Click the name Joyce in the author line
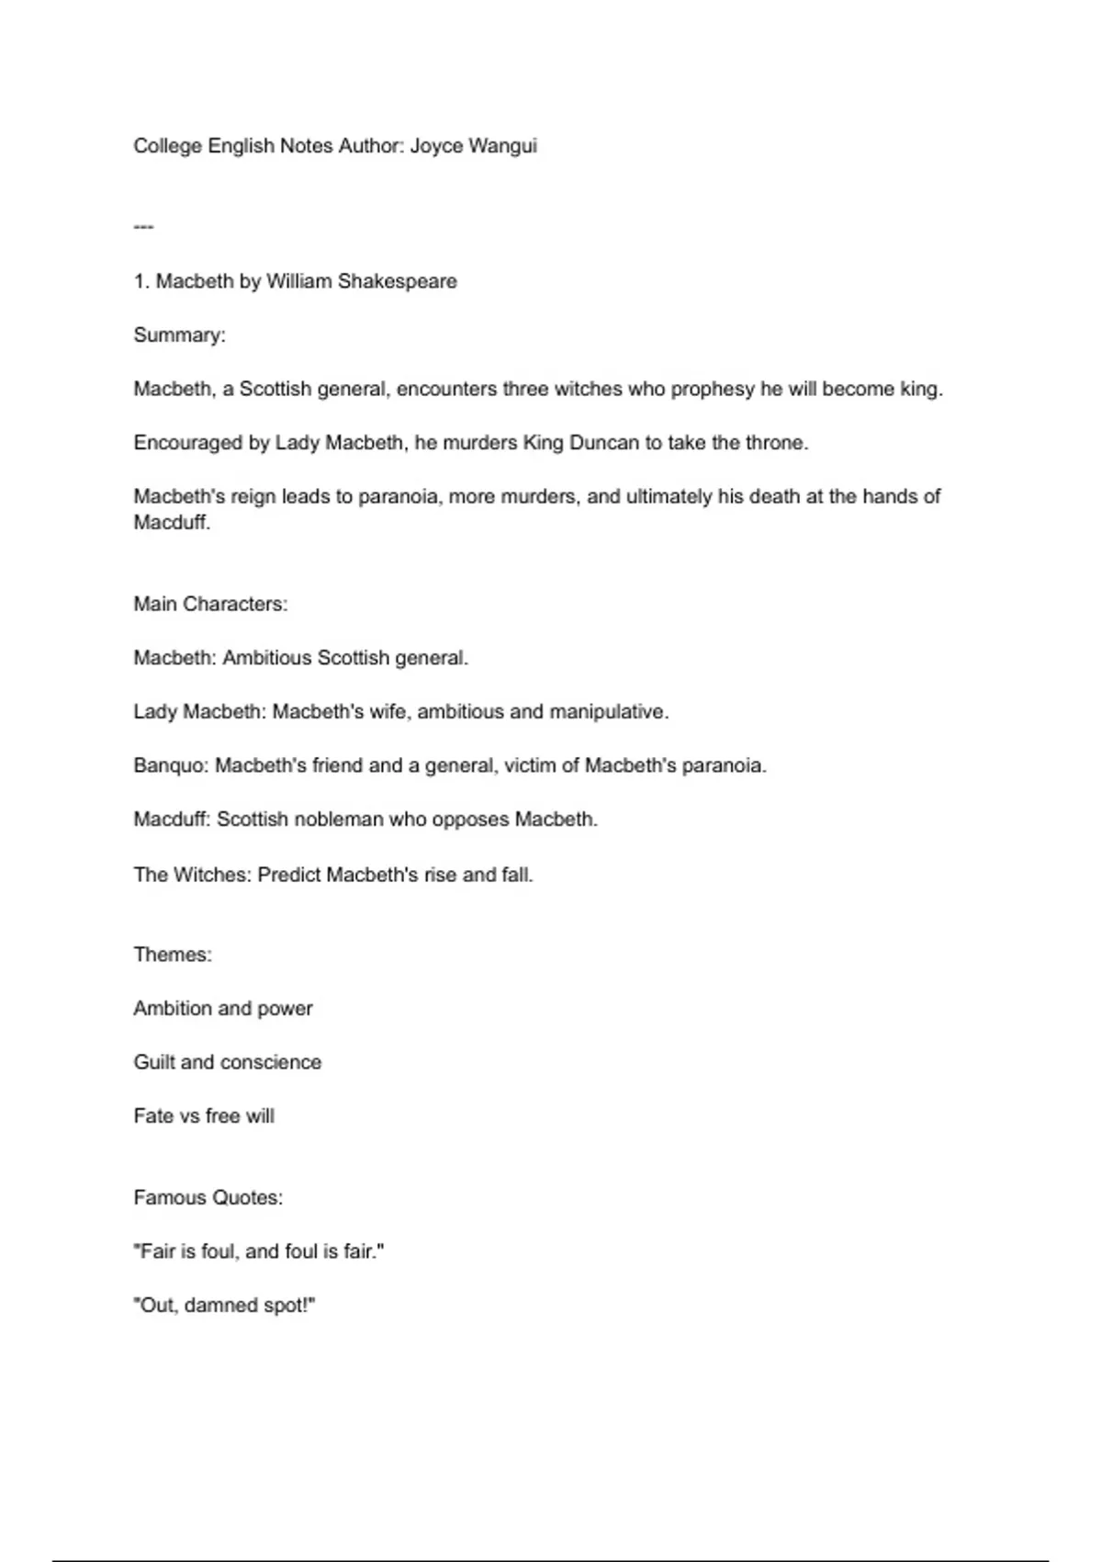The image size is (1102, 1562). point(436,146)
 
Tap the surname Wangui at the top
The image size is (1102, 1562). point(502,146)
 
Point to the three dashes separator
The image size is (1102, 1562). point(143,226)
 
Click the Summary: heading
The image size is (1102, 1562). point(180,335)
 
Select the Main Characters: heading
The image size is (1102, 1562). point(210,604)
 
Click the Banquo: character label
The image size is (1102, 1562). point(171,765)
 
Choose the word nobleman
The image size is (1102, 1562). point(337,820)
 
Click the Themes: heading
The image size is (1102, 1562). point(173,955)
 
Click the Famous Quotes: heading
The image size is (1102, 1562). point(208,1197)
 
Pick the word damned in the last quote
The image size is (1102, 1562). point(221,1306)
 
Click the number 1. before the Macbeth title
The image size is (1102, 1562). point(141,281)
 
